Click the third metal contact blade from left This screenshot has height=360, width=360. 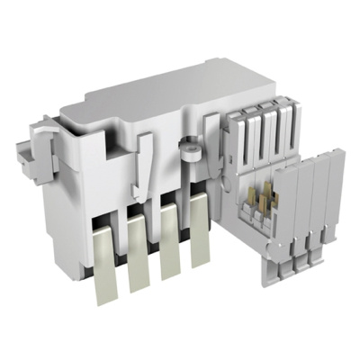click(x=168, y=256)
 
